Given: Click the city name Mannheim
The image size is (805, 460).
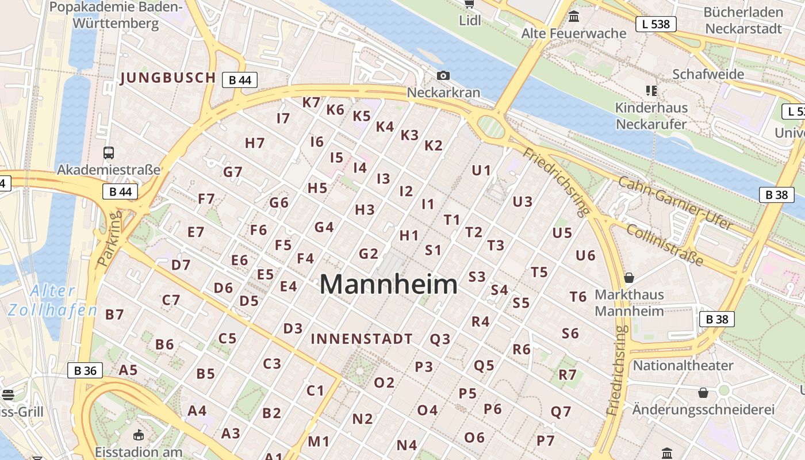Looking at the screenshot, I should coord(389,285).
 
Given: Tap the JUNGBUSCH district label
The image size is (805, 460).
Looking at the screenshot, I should coord(168,78).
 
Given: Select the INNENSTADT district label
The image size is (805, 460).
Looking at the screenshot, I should coord(362,339).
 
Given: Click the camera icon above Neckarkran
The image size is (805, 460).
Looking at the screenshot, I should coord(443,75).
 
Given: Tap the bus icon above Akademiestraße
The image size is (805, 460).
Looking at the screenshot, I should coord(109,153).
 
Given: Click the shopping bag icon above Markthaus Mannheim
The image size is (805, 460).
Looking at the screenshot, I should coord(629,278).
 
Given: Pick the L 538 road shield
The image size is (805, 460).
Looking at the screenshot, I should coord(655,24).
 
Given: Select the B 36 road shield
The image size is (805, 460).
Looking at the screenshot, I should coord(86,371).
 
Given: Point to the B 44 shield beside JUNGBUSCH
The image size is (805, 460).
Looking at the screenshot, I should coord(240,80).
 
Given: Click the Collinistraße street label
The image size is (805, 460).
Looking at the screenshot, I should coord(664,245).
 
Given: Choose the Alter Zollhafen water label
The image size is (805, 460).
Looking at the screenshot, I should coord(52,300).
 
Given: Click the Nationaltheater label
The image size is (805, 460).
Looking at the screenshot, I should coord(683,366).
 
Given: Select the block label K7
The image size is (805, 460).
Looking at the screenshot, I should coord(311,102).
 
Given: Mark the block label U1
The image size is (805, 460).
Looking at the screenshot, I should coord(481,170).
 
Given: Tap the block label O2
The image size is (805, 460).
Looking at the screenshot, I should coord(384,382).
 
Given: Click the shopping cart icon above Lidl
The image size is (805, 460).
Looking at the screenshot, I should coord(469,5).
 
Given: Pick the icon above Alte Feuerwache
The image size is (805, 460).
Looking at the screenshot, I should coord(573,17).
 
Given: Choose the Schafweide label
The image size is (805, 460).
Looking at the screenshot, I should coord(708,74).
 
